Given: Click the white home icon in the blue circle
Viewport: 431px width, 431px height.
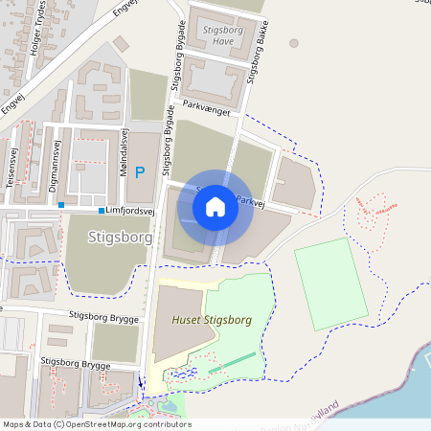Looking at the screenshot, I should (215, 206).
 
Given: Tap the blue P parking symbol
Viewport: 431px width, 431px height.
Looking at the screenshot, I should (140, 172).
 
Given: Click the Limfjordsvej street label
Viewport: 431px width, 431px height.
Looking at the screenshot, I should (129, 211).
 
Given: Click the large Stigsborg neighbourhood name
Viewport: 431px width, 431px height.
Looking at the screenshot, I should (120, 236).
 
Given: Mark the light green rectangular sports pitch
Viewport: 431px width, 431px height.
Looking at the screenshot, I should (330, 284).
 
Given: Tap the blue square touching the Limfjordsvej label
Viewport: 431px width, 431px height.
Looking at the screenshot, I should (101, 211).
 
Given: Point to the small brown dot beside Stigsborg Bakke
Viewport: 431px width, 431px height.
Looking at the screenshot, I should (293, 43).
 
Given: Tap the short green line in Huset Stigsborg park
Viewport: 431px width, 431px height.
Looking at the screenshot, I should (233, 362).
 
